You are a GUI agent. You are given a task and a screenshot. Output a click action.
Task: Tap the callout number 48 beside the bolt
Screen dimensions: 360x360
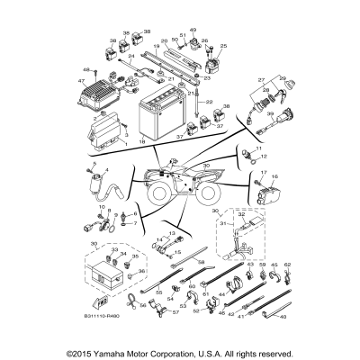tap(87, 70)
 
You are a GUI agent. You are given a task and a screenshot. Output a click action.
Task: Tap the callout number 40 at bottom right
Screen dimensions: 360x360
tap(285, 318)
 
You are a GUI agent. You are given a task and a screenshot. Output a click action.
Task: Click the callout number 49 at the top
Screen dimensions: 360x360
tap(193, 31)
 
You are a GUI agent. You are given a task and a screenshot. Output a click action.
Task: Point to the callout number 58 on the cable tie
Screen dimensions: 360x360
tap(175, 261)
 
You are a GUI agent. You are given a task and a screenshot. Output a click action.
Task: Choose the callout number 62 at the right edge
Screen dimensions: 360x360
tap(288, 265)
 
